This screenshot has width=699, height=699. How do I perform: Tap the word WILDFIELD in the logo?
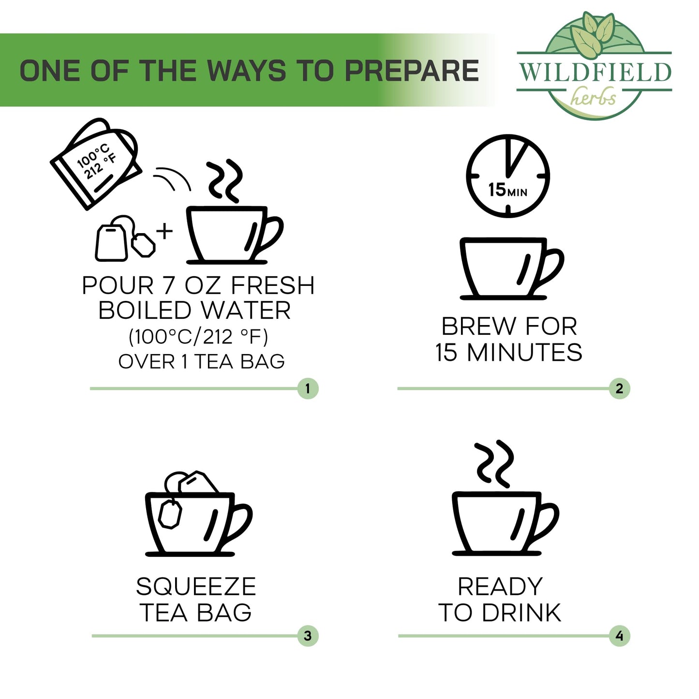(x=595, y=72)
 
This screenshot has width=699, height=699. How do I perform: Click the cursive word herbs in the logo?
(x=594, y=97)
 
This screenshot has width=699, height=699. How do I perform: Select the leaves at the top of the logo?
(x=593, y=35)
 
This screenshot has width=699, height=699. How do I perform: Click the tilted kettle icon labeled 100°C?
(x=96, y=163)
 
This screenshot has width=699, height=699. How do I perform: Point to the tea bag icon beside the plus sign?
(x=125, y=238)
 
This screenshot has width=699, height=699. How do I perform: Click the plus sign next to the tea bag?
(x=165, y=231)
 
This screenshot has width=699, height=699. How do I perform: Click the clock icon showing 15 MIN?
(x=507, y=176)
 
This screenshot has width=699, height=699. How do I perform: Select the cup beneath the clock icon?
(x=511, y=268)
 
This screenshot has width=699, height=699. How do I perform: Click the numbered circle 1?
(x=308, y=388)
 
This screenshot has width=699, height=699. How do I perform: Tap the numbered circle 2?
(x=619, y=388)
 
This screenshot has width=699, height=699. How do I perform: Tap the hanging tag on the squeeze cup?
(x=170, y=514)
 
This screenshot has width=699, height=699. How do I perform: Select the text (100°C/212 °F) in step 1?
(x=198, y=337)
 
